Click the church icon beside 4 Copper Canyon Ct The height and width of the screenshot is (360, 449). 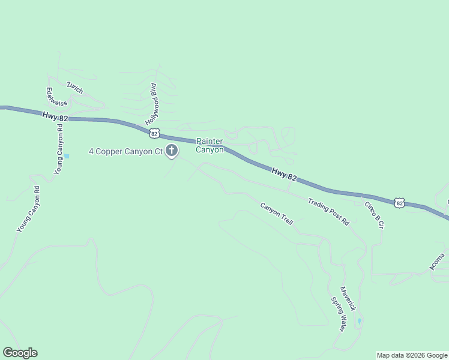(x=172, y=151)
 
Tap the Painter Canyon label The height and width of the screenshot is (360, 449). (x=209, y=146)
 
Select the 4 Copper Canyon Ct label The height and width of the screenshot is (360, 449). (x=125, y=151)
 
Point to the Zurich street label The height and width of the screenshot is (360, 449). (x=75, y=87)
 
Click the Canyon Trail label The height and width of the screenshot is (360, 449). (x=276, y=214)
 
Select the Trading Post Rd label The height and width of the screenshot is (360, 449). (x=328, y=211)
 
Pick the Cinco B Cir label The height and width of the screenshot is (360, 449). (x=374, y=214)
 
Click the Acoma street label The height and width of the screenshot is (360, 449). (x=437, y=262)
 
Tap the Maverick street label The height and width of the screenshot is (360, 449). (x=348, y=298)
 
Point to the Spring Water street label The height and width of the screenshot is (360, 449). (x=339, y=314)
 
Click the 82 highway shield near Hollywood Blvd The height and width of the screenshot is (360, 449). (x=155, y=132)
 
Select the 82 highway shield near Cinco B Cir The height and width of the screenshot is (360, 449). (x=400, y=203)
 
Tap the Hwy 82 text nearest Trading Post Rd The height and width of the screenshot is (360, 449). (x=285, y=174)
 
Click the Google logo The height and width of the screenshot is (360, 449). (x=20, y=353)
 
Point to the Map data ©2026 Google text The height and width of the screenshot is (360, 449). (x=412, y=355)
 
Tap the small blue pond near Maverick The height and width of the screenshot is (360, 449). (x=360, y=322)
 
